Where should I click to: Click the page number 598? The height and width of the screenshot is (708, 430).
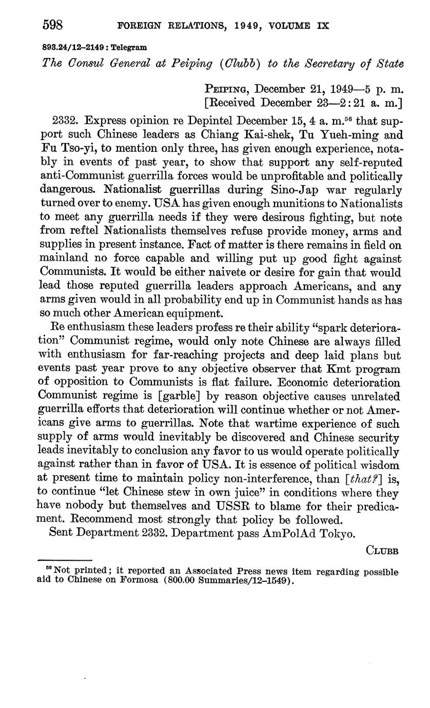pyautogui.click(x=52, y=25)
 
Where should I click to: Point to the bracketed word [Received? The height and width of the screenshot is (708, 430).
pyautogui.click(x=231, y=102)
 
